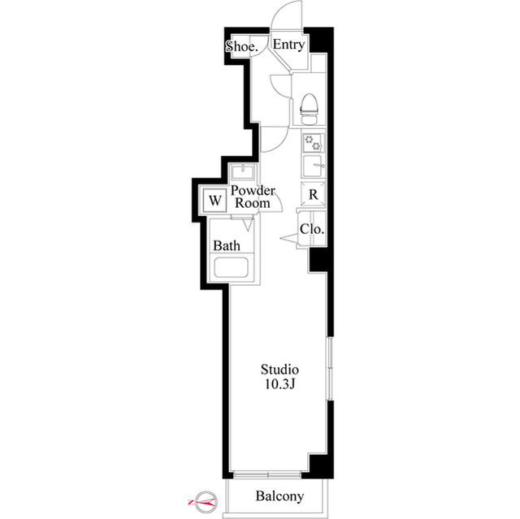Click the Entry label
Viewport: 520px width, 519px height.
click(288, 45)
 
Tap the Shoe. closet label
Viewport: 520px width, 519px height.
click(242, 46)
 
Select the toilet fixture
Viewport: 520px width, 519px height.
click(309, 109)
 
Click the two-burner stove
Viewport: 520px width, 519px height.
click(313, 142)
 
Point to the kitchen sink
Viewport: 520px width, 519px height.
click(314, 166)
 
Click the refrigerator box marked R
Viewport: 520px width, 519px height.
click(313, 194)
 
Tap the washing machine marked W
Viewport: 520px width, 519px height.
click(214, 200)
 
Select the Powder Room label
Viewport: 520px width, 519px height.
click(253, 197)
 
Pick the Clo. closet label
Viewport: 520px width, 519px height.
click(312, 229)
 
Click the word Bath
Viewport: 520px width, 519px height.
click(227, 245)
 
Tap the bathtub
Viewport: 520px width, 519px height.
click(231, 267)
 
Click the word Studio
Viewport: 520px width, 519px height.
click(279, 370)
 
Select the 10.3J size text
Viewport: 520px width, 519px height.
click(279, 384)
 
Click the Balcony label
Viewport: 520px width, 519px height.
click(279, 495)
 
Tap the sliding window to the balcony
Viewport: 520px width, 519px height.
click(267, 474)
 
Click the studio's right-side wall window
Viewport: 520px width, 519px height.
click(330, 369)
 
